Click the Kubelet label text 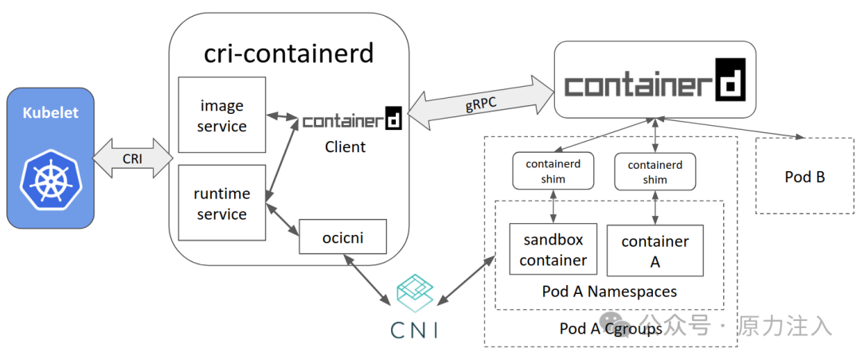pos(49,112)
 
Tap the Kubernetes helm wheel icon pos(49,176)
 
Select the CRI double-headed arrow pos(133,158)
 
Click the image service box pos(222,115)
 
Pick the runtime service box pos(222,203)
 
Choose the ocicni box pos(343,236)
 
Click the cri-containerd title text pos(288,53)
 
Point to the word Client pos(346,147)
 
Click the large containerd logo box pos(655,80)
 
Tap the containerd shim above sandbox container pos(553,171)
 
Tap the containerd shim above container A pos(655,171)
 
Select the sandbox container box pos(553,250)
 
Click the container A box pos(655,250)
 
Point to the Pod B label pos(804,177)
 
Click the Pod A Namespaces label pos(609,292)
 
